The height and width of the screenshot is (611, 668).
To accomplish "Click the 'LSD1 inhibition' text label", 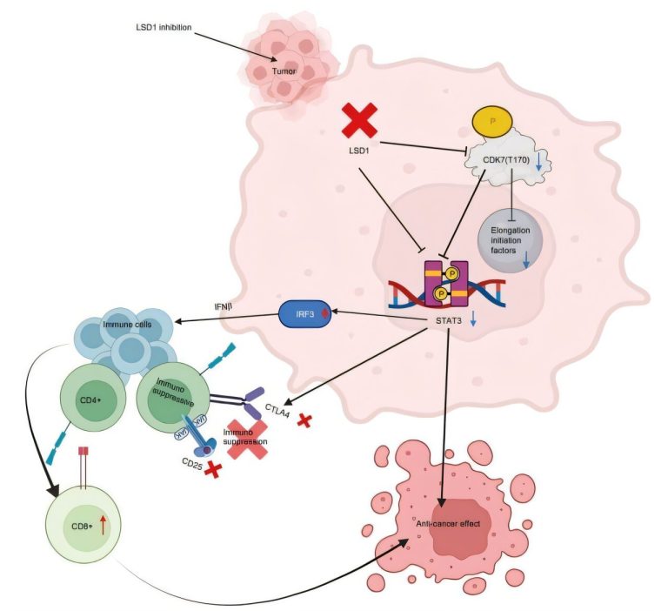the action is point(164,27).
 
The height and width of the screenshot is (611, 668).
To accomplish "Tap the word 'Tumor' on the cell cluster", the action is point(284,71).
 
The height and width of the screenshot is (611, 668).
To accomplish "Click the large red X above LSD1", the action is point(359,121).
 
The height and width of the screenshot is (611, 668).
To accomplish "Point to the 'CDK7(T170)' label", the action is point(505,160).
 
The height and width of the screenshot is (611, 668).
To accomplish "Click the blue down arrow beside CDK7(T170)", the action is point(538,162).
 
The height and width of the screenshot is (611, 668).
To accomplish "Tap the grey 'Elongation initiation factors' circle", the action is point(511,241).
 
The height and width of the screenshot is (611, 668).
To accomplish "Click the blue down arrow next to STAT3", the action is point(473,319).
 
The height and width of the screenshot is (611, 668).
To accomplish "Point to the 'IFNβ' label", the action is point(224,306).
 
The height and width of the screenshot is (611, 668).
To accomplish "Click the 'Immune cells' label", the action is point(127,325).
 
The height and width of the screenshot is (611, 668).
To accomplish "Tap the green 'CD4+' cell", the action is point(93,399).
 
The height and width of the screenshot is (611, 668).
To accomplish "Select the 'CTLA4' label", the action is point(277,411).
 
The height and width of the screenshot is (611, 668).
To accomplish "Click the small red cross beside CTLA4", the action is point(304,420).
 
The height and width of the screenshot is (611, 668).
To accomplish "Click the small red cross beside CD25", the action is point(213,469).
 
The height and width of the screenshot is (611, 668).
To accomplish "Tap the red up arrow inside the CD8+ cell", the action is point(103,525).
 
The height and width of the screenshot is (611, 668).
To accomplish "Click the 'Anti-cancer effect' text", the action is point(448,523).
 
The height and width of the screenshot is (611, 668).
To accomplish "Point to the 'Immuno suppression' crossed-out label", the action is point(245,437).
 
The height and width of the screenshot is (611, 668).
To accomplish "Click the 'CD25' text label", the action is point(192,464).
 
